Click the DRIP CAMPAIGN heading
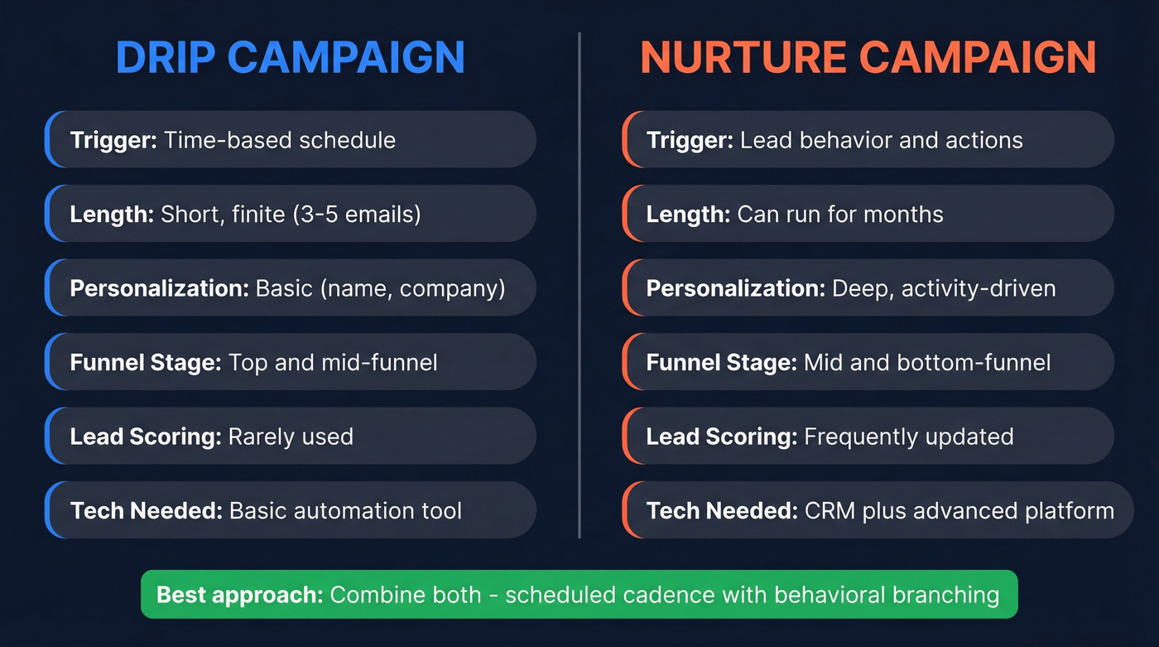[x=290, y=57]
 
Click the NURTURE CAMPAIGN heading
[x=868, y=57]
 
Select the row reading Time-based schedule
[x=290, y=140]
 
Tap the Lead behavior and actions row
[x=868, y=140]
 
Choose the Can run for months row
[x=868, y=214]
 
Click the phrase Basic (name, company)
[x=380, y=288]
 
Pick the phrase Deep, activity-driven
[x=944, y=288]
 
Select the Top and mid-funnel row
[x=290, y=362]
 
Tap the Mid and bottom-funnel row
[x=868, y=362]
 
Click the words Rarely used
[x=291, y=437]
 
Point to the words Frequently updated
[x=908, y=437]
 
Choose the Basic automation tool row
[x=290, y=510]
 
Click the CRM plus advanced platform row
[x=878, y=510]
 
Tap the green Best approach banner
[x=579, y=594]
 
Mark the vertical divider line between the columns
[x=579, y=286]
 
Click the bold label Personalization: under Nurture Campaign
[x=735, y=288]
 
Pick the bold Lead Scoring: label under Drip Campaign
[x=145, y=437]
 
